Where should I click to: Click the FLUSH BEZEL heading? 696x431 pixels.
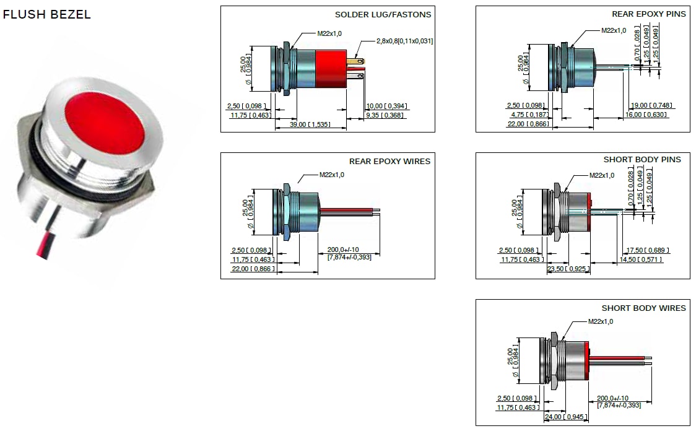pos(47,15)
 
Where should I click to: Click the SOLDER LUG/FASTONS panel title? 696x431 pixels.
pos(383,14)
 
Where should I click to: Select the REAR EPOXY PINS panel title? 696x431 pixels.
pos(648,14)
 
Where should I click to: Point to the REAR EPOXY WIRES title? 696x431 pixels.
pos(389,161)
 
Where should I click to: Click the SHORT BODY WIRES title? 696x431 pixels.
pos(643,308)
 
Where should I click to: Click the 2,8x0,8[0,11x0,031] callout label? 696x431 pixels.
pos(404,41)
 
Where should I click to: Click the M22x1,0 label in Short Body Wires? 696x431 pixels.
pos(600,321)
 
